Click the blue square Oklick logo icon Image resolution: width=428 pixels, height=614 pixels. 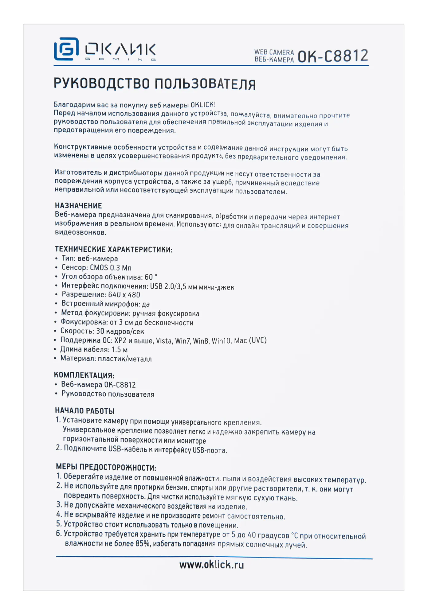point(66,49)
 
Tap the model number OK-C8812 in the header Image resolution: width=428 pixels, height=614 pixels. point(333,56)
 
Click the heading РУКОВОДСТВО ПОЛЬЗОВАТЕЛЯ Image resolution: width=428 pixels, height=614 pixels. point(155,84)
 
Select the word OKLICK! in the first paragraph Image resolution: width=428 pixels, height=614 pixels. point(203,105)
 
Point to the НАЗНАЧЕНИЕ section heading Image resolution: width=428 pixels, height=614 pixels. point(78,206)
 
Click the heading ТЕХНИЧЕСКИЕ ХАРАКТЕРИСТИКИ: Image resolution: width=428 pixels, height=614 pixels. point(113,249)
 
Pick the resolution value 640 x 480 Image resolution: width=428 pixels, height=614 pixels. point(124,295)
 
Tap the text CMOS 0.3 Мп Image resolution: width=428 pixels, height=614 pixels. point(111,268)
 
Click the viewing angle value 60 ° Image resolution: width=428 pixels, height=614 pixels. point(151,277)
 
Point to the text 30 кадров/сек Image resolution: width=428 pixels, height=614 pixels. point(120,331)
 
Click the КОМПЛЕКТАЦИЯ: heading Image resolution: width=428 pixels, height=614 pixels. point(84,375)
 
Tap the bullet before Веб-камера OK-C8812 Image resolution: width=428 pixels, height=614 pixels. point(56,385)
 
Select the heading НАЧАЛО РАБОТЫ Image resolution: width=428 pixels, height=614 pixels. point(84,411)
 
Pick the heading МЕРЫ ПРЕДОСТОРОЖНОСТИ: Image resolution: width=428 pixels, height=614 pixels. point(106,468)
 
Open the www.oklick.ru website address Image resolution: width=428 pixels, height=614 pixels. point(211,565)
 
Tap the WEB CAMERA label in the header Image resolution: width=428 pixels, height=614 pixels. point(274,52)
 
